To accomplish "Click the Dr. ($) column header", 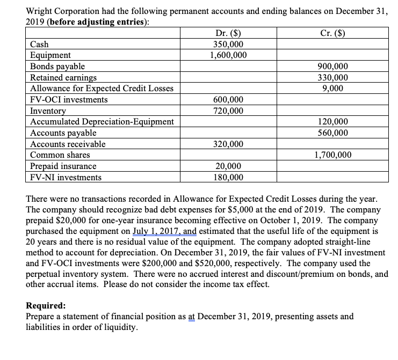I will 227,33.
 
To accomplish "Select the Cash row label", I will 39,44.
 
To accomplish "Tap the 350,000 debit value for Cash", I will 228,44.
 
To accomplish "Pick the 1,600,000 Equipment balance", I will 228,55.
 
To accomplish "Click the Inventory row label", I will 48,111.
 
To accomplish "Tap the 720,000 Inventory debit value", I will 228,111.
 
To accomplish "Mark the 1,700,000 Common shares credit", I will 332,155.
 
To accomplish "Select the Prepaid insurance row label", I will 63,166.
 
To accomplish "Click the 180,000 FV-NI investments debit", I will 228,178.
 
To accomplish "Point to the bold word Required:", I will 46,306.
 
